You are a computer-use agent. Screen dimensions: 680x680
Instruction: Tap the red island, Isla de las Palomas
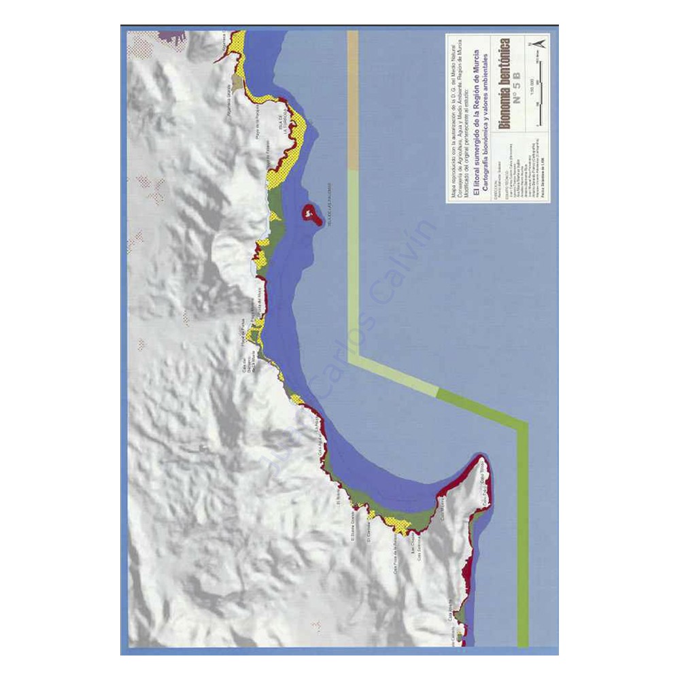[311, 215]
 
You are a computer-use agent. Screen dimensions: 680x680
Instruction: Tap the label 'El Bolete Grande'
[353, 528]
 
